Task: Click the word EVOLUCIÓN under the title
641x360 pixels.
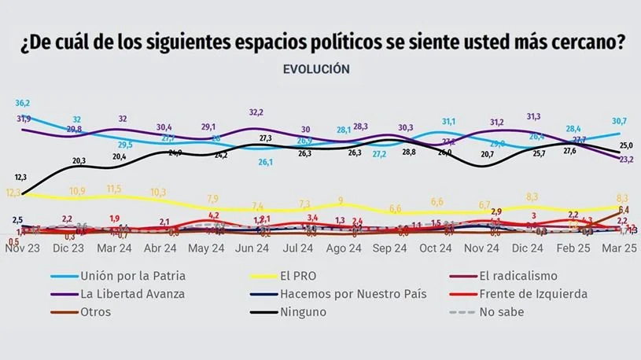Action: click(315, 69)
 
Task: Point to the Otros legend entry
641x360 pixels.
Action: click(94, 311)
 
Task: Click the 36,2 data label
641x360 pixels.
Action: click(23, 103)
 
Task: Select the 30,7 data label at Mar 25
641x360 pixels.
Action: click(620, 120)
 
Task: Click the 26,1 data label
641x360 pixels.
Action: click(266, 163)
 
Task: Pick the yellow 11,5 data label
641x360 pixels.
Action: click(114, 189)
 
